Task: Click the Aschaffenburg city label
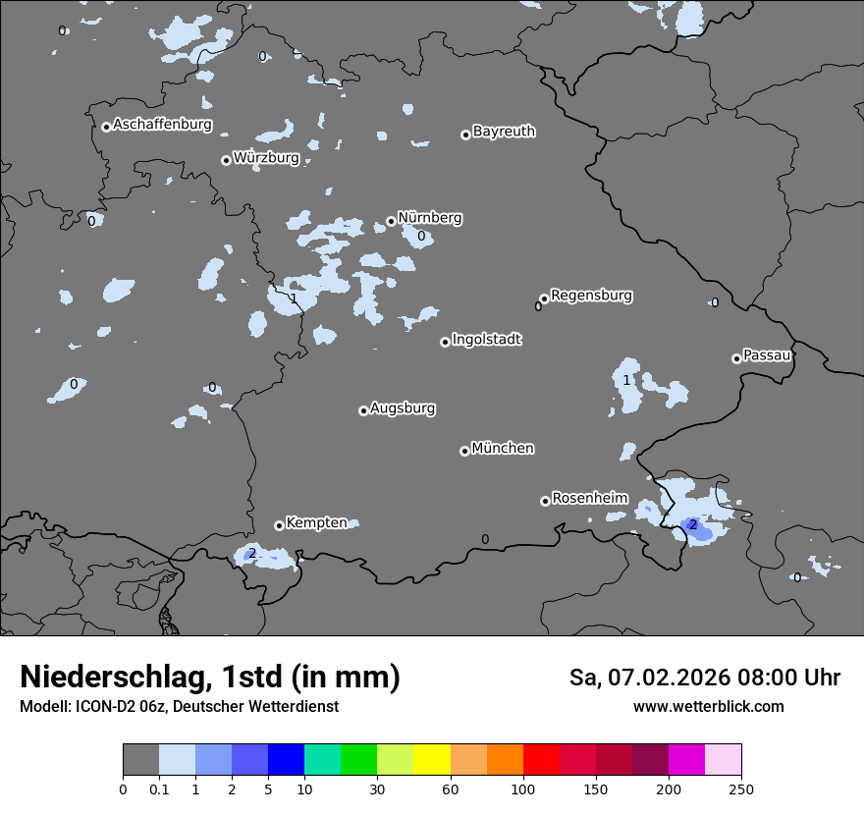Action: [162, 125]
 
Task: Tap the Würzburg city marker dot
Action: [226, 160]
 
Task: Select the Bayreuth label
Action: [504, 131]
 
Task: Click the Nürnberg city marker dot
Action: [391, 221]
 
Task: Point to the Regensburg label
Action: [591, 295]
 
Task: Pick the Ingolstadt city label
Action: [486, 340]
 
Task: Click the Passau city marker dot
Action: [736, 358]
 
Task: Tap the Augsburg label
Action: [403, 407]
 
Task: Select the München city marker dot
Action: [464, 451]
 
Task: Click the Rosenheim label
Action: [589, 498]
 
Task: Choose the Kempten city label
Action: [316, 522]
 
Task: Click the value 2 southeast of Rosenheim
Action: [693, 524]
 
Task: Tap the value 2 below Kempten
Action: [252, 554]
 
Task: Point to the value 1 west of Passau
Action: [626, 380]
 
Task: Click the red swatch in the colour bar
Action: [541, 760]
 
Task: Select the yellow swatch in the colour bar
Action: [432, 760]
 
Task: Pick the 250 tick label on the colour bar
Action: [741, 788]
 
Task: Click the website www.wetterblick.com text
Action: [708, 707]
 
